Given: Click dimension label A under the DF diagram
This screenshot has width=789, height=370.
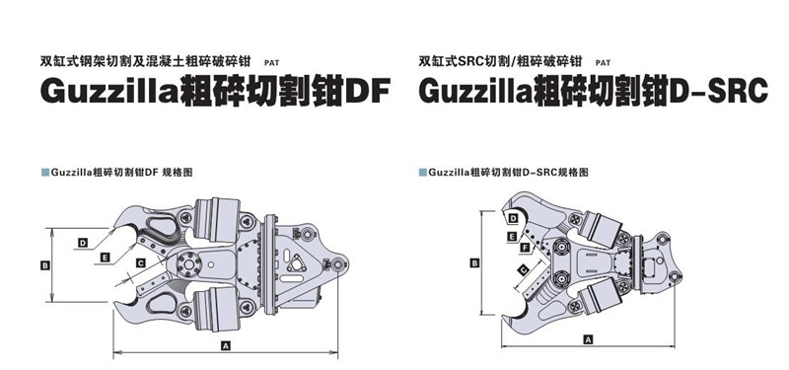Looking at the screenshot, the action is coord(226,345).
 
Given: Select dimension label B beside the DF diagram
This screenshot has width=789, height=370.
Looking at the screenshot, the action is coord(45,265).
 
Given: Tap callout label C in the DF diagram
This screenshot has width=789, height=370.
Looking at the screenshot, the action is coord(141,262).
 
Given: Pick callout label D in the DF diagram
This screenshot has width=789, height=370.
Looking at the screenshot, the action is coord(83,243).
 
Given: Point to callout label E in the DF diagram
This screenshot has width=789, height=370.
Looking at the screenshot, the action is coord(106,258).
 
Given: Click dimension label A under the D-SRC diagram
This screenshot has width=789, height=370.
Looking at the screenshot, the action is coord(588,339).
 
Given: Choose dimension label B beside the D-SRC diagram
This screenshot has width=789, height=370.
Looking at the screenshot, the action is coord(474,262).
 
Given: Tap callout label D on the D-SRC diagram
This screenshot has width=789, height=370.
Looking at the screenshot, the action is coord(513,218).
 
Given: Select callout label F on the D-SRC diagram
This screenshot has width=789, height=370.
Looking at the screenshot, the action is coord(526,248).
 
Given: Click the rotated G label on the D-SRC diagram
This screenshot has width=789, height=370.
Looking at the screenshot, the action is coord(524,271).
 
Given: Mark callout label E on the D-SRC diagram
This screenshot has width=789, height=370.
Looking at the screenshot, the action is coord(512,236).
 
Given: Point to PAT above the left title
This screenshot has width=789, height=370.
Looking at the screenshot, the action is coord(272,63).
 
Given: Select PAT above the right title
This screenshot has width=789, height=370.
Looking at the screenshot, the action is coord(603,63).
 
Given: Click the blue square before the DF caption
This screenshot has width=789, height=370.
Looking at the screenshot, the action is coord(44,173).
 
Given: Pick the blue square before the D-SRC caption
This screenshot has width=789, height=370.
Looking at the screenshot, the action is coord(423,173).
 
